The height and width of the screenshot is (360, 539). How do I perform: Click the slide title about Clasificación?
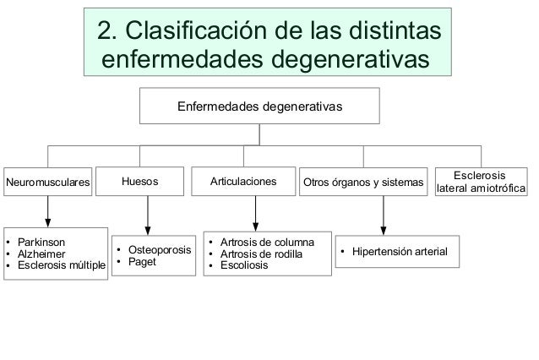coord(269,45)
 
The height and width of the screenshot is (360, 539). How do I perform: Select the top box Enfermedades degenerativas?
coord(259,107)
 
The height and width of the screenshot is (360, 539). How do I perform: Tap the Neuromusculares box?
coord(47,182)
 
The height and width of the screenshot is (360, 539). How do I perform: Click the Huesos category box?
coord(139,181)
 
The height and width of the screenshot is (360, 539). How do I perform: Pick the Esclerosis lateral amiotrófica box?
coord(481,181)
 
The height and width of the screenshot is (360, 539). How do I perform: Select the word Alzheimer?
coord(41,254)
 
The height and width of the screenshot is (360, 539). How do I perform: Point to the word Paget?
coord(143,262)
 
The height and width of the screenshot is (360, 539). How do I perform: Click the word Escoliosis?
coord(243,265)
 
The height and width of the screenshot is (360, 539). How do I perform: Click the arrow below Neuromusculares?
coord(48,210)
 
